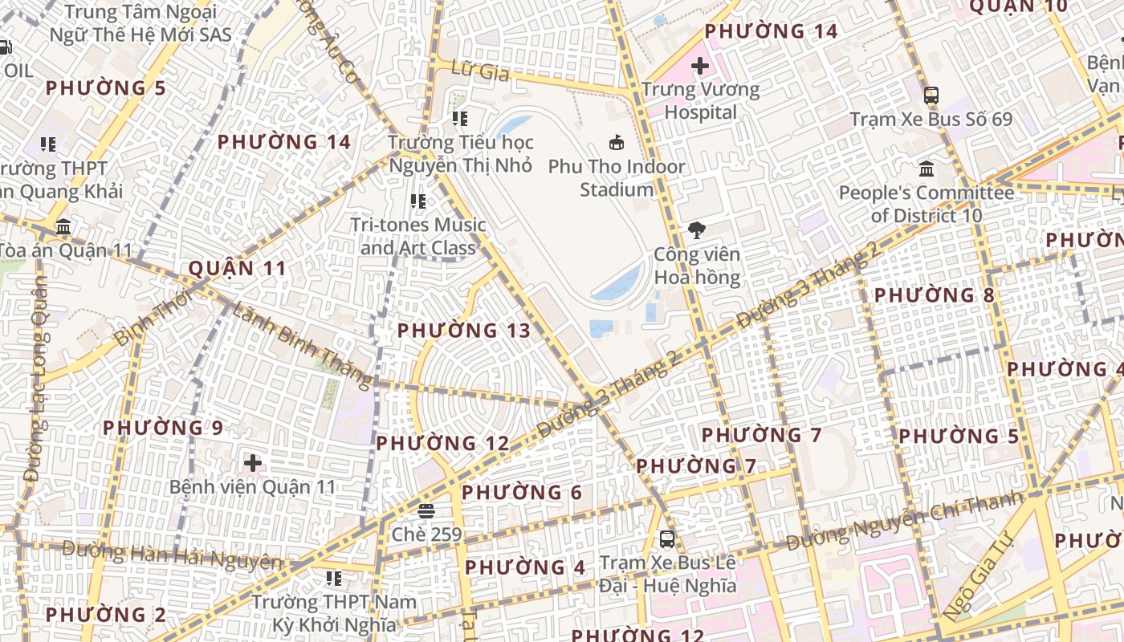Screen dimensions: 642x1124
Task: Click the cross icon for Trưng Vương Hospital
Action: [700, 65]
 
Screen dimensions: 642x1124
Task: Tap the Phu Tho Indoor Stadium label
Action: [617, 178]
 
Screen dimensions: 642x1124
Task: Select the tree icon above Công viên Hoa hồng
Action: [696, 230]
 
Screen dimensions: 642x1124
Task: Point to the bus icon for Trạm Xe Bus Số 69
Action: [931, 95]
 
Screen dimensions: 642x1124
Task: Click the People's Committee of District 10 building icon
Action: [926, 169]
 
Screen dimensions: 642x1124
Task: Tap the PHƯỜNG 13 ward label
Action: [464, 331]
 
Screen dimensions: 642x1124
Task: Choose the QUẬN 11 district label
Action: [237, 268]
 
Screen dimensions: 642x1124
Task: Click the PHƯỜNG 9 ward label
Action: [162, 428]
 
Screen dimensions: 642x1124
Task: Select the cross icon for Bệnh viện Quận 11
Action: [253, 463]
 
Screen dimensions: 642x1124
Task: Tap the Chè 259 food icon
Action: [426, 510]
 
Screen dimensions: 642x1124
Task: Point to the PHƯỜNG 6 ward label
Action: [522, 492]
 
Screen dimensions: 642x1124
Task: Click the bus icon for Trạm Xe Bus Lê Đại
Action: [667, 538]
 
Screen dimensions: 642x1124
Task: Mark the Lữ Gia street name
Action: [481, 71]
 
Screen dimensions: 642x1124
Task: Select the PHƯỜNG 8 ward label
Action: [934, 295]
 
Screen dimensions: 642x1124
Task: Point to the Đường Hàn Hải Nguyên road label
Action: [172, 555]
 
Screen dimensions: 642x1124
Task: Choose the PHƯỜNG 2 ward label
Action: [105, 616]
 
